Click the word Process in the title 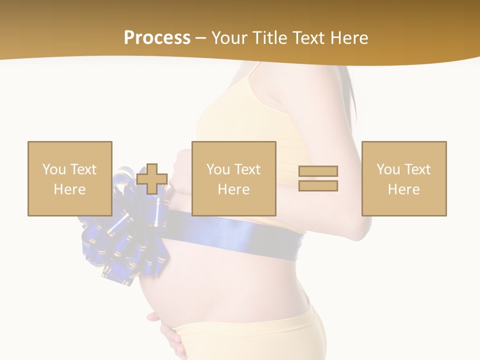click(157, 38)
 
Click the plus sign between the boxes click(152, 179)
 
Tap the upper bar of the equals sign click(318, 171)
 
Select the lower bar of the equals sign click(318, 186)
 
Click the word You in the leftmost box click(53, 169)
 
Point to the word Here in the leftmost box click(69, 189)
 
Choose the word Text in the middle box click(247, 169)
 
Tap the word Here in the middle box click(233, 189)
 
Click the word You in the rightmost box click(387, 169)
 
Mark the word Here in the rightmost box click(403, 189)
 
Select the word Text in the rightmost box click(417, 169)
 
